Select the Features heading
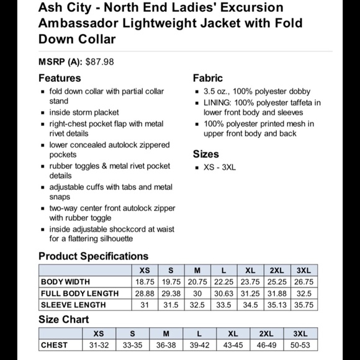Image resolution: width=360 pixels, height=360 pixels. (60, 78)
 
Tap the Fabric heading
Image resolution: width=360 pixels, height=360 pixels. (208, 78)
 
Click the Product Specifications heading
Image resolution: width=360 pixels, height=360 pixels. (93, 256)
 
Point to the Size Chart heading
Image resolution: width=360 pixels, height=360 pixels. (63, 320)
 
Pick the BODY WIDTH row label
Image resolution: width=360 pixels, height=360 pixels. (65, 282)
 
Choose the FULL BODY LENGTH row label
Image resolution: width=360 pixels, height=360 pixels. (79, 294)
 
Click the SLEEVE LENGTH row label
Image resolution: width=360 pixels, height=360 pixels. (73, 305)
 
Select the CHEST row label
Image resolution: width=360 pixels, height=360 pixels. (54, 345)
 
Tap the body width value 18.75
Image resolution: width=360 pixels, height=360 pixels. (145, 282)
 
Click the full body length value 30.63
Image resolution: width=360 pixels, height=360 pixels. (223, 294)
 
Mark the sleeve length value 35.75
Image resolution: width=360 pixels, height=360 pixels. (304, 305)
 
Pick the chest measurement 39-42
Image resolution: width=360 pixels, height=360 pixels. (199, 345)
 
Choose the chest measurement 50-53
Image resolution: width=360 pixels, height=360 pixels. (300, 345)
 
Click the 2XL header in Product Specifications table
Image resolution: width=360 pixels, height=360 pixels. (277, 271)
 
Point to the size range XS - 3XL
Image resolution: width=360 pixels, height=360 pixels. (220, 168)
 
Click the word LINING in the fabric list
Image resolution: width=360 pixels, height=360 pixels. (218, 102)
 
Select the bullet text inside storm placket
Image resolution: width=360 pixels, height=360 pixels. (84, 112)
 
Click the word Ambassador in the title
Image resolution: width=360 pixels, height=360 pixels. (77, 24)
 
